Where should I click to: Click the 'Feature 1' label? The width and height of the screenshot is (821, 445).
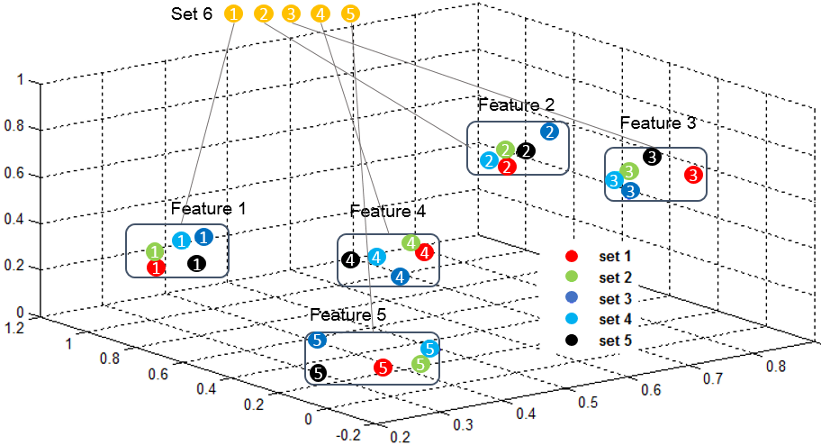(x=208, y=208)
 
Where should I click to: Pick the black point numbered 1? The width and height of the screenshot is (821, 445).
(x=196, y=263)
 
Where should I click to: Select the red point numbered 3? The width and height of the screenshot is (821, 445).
(x=692, y=174)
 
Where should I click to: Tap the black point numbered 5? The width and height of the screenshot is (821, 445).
(x=318, y=372)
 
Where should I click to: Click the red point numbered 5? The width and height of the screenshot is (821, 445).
(x=383, y=367)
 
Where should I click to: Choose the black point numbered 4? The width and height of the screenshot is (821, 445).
(x=351, y=260)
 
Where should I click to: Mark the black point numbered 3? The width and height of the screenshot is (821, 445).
(x=653, y=157)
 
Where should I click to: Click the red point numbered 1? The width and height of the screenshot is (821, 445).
(x=156, y=268)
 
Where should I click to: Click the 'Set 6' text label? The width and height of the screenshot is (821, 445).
(x=192, y=14)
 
